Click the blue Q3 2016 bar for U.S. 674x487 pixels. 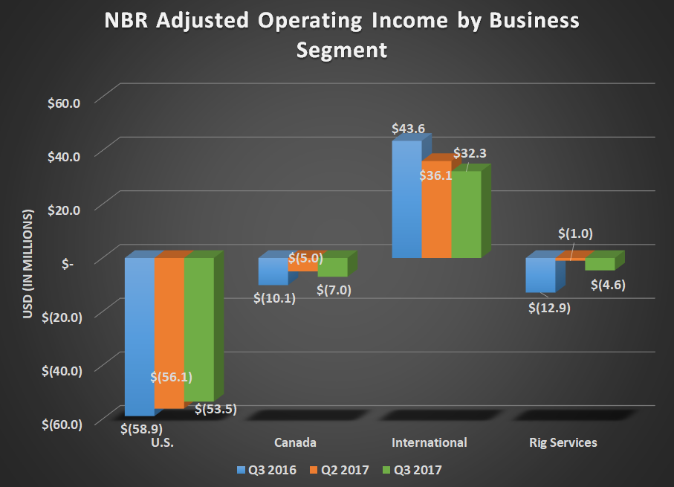pyautogui.click(x=139, y=335)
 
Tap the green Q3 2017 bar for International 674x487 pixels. pyautogui.click(x=466, y=216)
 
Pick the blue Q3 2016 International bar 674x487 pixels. pyautogui.click(x=406, y=201)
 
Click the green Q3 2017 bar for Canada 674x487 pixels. pyautogui.click(x=332, y=268)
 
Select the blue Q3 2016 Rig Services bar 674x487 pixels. pyautogui.click(x=540, y=275)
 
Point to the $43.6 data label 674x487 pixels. pyautogui.click(x=409, y=129)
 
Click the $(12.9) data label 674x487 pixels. pyautogui.click(x=549, y=306)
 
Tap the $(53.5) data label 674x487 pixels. pyautogui.click(x=216, y=408)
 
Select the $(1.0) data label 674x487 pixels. pyautogui.click(x=575, y=233)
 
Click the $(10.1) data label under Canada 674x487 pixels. pyautogui.click(x=275, y=298)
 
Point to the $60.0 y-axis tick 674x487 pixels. pyautogui.click(x=64, y=101)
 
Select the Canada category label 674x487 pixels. pyautogui.click(x=295, y=442)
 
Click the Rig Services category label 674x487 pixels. pyautogui.click(x=563, y=442)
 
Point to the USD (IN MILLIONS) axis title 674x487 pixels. pyautogui.click(x=27, y=264)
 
